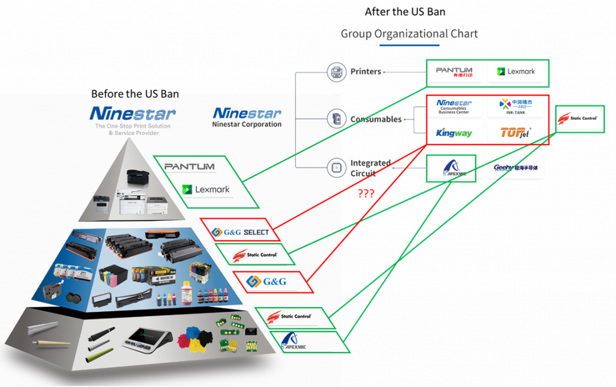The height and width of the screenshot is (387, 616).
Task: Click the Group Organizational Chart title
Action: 410,34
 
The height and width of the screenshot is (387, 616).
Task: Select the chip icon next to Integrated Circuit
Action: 336,167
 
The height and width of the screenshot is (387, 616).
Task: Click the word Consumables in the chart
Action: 376,119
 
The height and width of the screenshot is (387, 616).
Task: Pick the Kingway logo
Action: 454,132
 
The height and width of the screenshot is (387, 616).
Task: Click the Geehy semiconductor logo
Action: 516,169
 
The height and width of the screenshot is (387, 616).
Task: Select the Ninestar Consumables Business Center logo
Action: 454,106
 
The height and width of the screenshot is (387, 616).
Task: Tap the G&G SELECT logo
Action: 241,232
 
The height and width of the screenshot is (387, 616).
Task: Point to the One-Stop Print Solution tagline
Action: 133,129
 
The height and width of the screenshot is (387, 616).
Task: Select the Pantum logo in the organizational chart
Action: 454,72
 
